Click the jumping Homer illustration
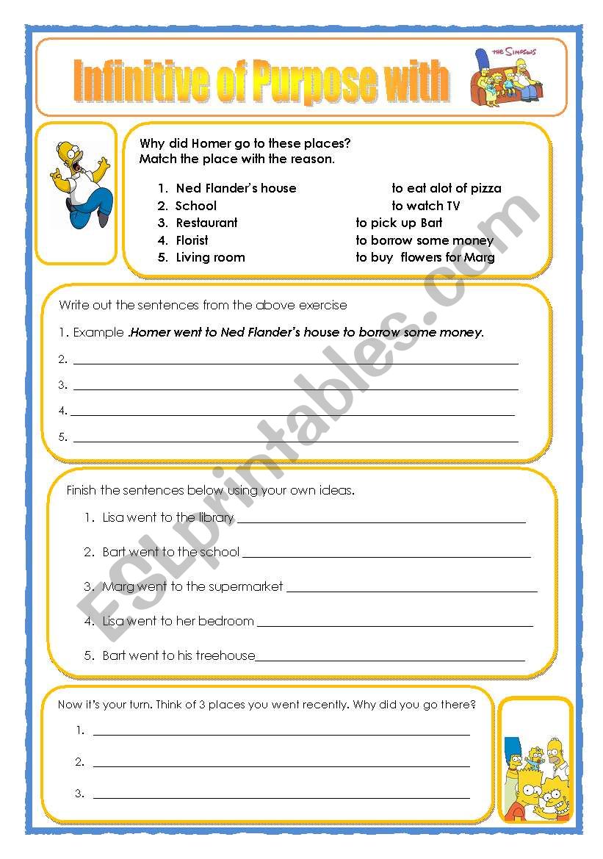tap(80, 184)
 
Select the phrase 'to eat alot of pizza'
tap(446, 188)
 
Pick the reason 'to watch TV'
tap(425, 206)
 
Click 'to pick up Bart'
tap(399, 223)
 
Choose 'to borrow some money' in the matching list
tap(424, 240)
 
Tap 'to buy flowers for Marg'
tap(425, 257)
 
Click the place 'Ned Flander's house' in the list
tap(236, 188)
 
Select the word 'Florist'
tap(192, 240)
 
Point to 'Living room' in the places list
tap(210, 257)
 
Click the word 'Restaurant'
tap(206, 223)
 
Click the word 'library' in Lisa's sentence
tap(216, 517)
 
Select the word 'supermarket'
tap(246, 586)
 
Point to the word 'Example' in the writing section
tap(98, 332)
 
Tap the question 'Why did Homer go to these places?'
tap(245, 144)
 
